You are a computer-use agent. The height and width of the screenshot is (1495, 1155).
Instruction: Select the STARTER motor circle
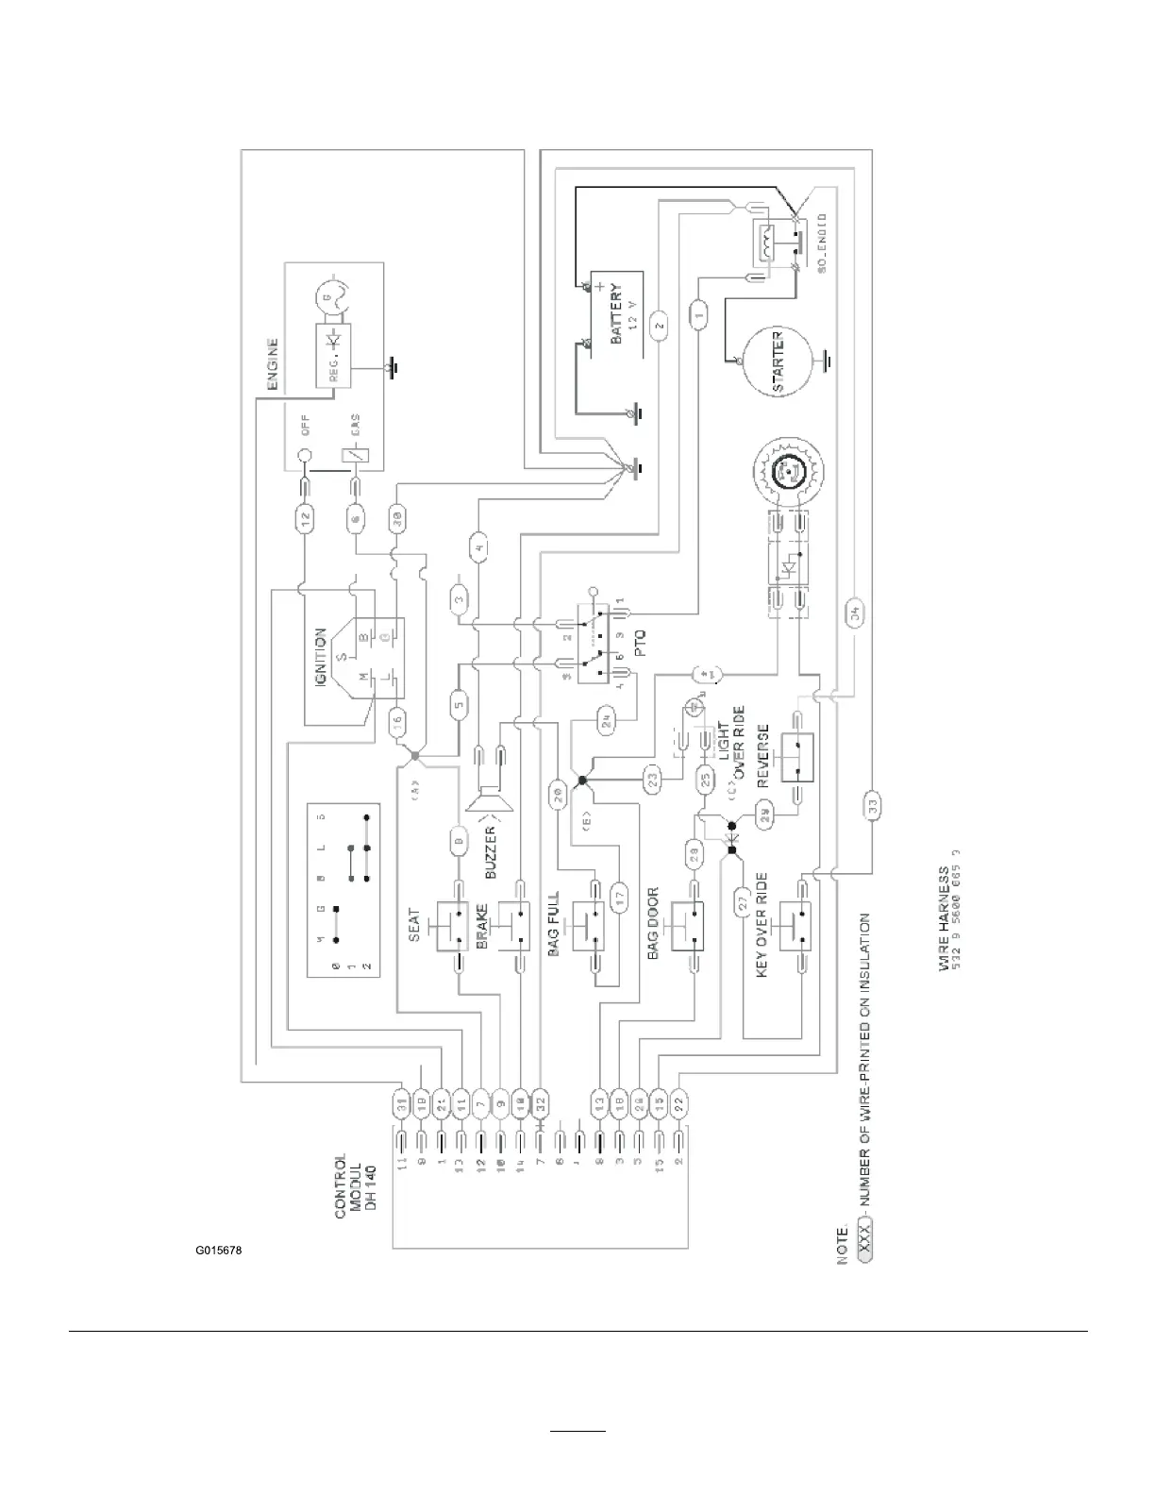pos(779,362)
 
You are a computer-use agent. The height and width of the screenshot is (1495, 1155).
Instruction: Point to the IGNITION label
pos(321,658)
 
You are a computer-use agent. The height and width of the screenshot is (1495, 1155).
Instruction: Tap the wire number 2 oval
pos(660,326)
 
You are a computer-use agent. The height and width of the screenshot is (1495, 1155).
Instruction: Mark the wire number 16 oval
pos(398,723)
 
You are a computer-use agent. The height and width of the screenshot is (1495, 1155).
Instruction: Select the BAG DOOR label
pos(652,924)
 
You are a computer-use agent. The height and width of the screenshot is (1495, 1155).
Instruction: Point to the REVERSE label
pos(762,752)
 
